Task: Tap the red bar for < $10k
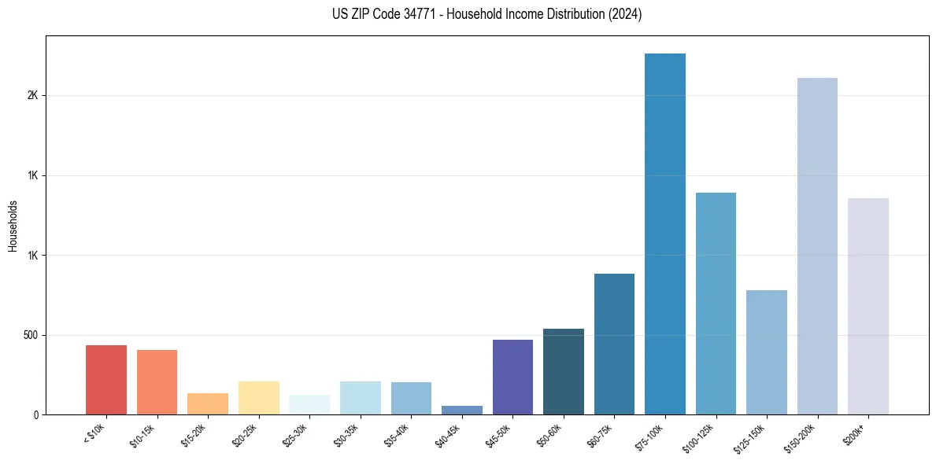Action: coord(106,380)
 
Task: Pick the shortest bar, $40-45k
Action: coord(462,411)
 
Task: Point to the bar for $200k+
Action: coord(868,306)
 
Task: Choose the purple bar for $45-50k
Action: coord(512,377)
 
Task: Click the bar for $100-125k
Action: coord(716,304)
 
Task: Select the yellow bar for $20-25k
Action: coord(259,398)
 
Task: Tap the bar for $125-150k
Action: coord(767,352)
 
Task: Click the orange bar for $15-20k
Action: coord(208,403)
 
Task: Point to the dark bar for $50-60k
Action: coord(564,371)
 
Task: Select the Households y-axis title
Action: coord(13,226)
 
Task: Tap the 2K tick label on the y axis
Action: coord(32,95)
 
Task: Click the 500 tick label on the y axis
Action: coord(30,335)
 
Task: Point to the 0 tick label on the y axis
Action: coord(35,415)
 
